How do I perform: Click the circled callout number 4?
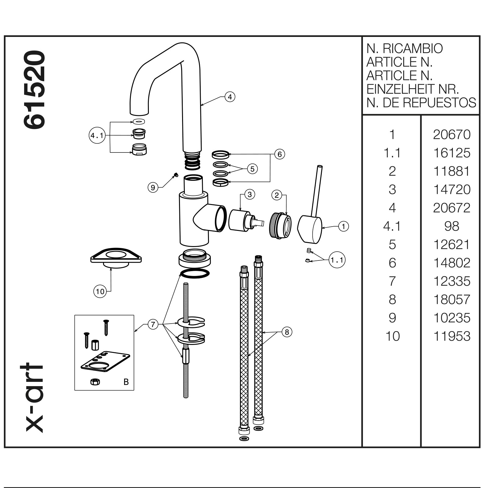(230, 97)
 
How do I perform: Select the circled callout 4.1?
(97, 135)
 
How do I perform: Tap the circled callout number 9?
(153, 187)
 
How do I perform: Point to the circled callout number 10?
(100, 292)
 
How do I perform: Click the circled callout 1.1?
(337, 260)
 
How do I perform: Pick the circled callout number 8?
(287, 332)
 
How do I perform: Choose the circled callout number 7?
(153, 324)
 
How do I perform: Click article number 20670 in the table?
(452, 135)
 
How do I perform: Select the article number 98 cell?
(452, 226)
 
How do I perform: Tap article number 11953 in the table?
(452, 336)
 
